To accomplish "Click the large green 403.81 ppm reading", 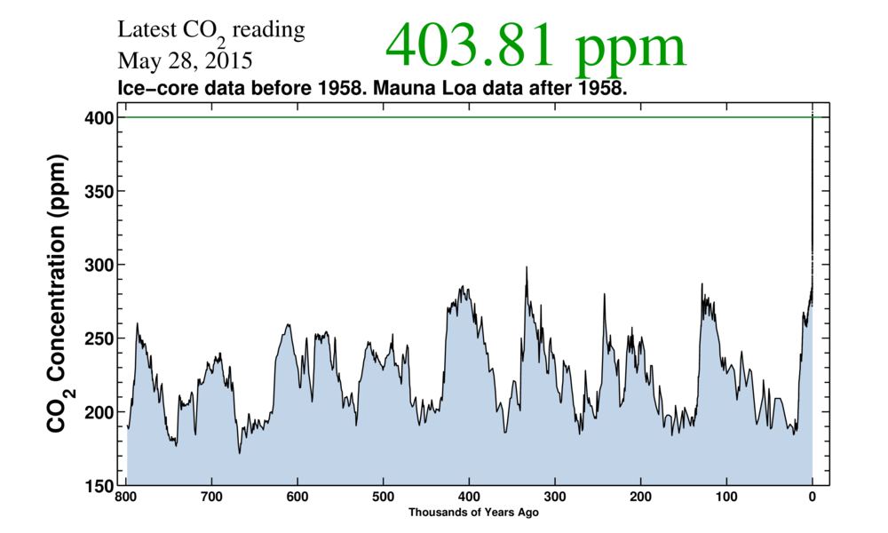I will [x=535, y=45].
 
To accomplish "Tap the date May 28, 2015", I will [x=184, y=61].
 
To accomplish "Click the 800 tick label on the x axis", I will [x=126, y=496].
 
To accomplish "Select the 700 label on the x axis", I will [x=211, y=496].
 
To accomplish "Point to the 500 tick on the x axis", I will [x=383, y=496].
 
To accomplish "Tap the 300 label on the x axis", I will [x=554, y=496].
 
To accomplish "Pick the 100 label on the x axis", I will [x=726, y=496].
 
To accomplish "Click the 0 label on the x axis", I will [x=812, y=496].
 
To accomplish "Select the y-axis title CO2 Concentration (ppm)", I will [x=57, y=302].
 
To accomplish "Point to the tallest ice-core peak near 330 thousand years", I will [x=527, y=268].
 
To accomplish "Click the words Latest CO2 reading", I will [x=211, y=31].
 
